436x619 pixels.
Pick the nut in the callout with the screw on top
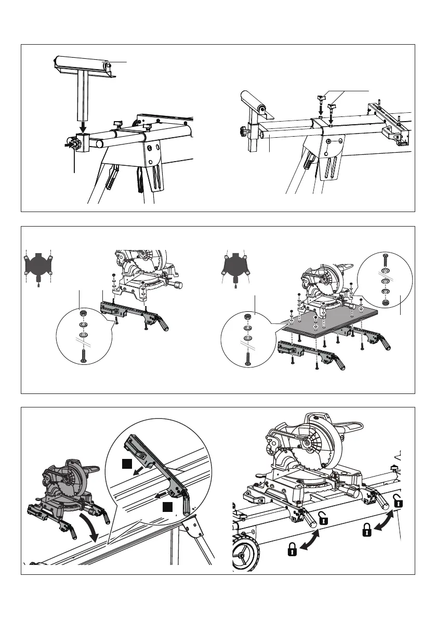click(x=386, y=301)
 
